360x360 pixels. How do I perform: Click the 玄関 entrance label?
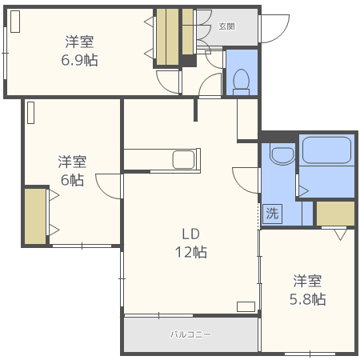(x=226, y=26)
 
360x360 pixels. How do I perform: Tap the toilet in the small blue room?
(x=241, y=80)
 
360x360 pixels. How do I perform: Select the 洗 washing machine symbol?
(x=272, y=214)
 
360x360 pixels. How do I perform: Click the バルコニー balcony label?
(x=190, y=334)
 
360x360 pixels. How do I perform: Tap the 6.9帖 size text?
(x=79, y=60)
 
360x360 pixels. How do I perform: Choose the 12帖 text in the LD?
(x=191, y=252)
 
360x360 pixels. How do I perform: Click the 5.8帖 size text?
(x=307, y=299)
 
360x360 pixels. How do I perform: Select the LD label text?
(x=190, y=234)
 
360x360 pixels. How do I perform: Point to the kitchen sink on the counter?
(x=185, y=159)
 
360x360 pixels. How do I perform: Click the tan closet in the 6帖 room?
(x=35, y=215)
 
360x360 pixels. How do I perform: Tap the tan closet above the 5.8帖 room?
(x=335, y=214)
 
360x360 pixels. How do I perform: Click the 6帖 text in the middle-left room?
(x=72, y=180)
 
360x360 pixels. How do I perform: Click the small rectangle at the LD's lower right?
(x=246, y=306)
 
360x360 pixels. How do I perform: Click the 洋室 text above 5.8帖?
(x=307, y=281)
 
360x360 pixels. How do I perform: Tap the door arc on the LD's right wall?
(x=244, y=178)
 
